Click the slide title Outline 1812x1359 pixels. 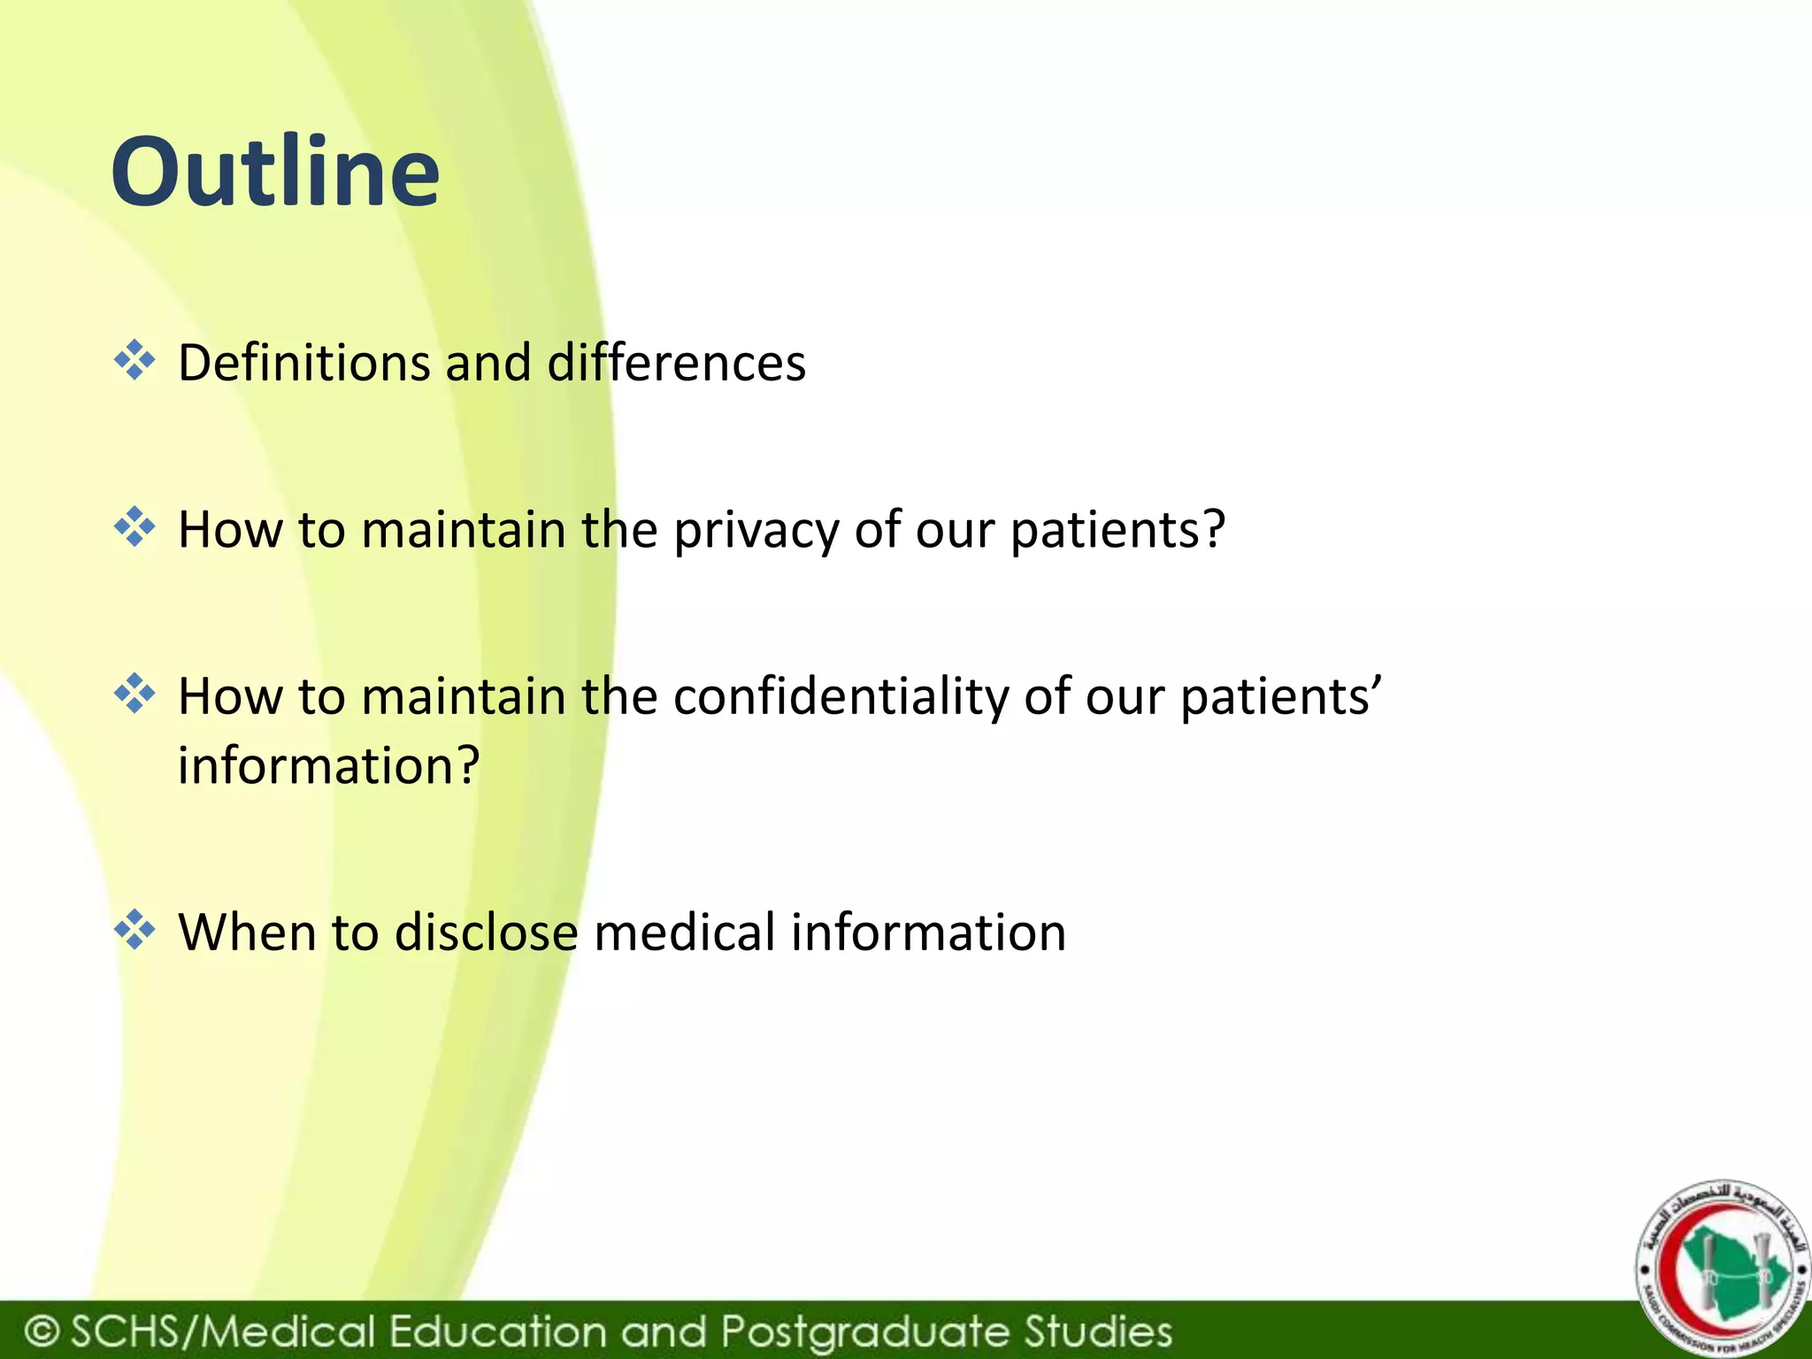(274, 172)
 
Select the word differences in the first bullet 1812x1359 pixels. (676, 363)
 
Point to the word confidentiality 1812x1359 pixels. (840, 696)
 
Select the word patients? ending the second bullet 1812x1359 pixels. (1117, 530)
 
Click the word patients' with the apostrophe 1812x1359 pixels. (1279, 696)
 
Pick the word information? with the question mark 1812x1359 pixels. (328, 765)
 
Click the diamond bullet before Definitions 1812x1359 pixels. (134, 361)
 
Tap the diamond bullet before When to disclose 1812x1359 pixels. (134, 931)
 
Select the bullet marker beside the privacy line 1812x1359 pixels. (134, 527)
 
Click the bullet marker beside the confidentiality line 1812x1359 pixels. (134, 695)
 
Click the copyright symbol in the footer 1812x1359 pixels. (42, 1331)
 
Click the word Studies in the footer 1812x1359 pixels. (1098, 1331)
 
